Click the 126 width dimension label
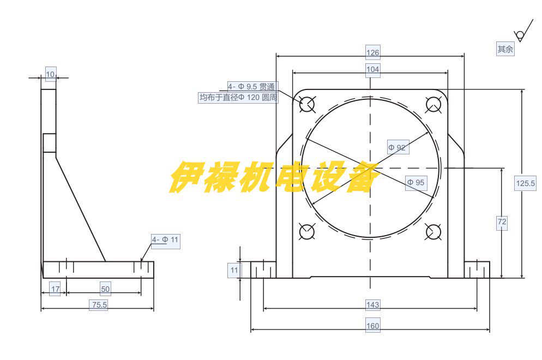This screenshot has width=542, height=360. point(372,52)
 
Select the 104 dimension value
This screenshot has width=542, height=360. point(372,69)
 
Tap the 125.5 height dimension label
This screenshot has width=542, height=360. point(525,184)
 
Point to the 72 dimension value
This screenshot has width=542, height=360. point(502,222)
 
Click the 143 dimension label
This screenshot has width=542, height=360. point(372,305)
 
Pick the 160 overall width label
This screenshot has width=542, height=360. point(372,326)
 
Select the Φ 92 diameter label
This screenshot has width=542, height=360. point(398,147)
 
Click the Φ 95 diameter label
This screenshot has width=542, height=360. point(415,183)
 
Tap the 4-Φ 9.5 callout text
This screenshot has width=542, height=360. point(252,86)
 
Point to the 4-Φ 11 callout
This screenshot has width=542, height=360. point(165,239)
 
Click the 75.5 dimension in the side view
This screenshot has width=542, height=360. point(99,305)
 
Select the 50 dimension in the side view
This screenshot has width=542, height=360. point(105,289)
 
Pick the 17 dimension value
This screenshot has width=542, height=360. point(55,289)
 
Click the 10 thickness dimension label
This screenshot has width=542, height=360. point(50,74)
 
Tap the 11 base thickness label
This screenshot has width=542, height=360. point(234,270)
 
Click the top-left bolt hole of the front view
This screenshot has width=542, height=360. point(307,104)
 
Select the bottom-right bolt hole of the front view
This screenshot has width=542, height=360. point(433,232)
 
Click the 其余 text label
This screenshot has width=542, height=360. point(505,49)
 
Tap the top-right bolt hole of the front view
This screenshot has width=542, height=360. point(433,104)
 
